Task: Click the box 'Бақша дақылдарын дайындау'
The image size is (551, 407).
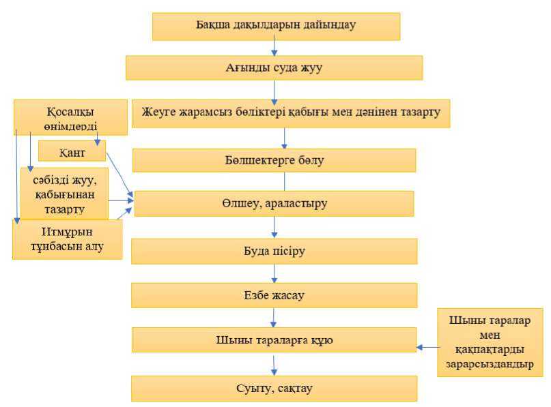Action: tap(276, 27)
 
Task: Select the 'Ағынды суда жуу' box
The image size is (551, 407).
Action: tap(274, 67)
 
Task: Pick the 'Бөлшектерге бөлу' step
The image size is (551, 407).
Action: tap(274, 160)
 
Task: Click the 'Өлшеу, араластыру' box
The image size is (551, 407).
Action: tap(274, 203)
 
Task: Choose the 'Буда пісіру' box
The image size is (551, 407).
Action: tap(274, 250)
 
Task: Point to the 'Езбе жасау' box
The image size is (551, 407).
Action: tap(274, 295)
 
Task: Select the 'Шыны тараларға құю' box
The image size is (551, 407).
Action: tap(274, 340)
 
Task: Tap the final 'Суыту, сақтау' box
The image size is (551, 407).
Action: tap(274, 389)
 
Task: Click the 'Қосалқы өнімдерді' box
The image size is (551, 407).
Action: tap(70, 117)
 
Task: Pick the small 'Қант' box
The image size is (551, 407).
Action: tap(72, 151)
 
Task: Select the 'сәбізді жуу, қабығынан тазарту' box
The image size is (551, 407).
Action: tap(64, 193)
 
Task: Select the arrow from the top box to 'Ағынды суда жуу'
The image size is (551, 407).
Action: tap(274, 46)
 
